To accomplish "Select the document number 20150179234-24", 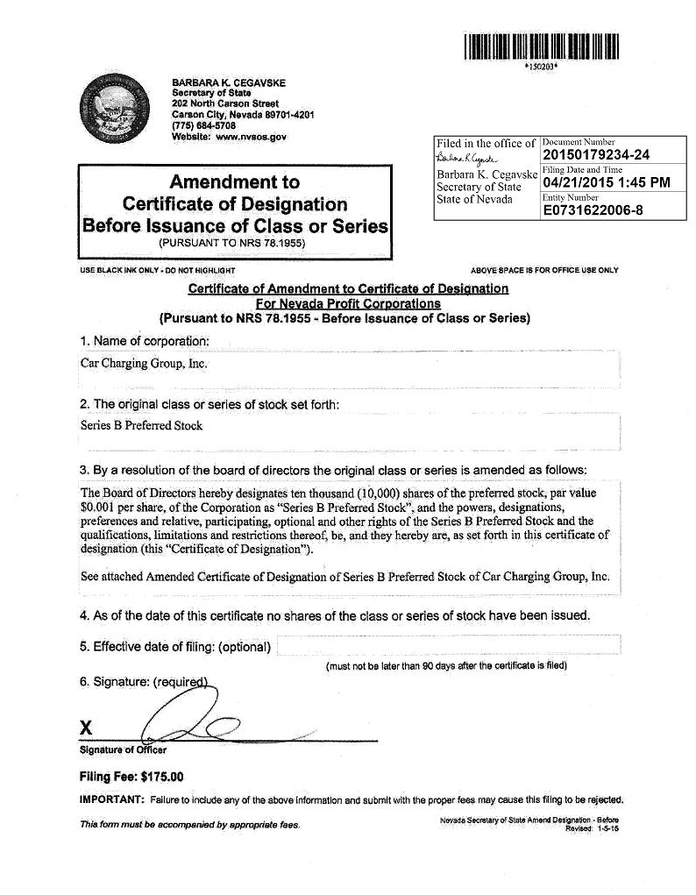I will (x=596, y=156).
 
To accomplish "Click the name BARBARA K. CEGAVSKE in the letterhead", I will (x=229, y=83).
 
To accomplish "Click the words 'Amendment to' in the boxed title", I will (x=234, y=182).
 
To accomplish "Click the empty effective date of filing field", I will (x=449, y=646).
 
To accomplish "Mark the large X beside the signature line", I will (x=86, y=727).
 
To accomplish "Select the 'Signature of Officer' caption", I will (x=123, y=750).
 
